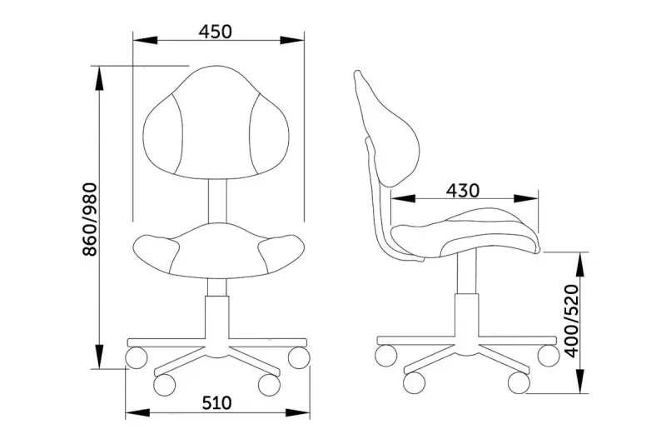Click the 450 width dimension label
point(216,32)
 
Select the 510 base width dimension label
point(216,403)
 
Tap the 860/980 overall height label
point(90,220)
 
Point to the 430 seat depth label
point(463,191)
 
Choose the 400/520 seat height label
point(571,322)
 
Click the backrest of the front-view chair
point(216,123)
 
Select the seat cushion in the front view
point(219,251)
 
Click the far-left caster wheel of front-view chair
point(137,357)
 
